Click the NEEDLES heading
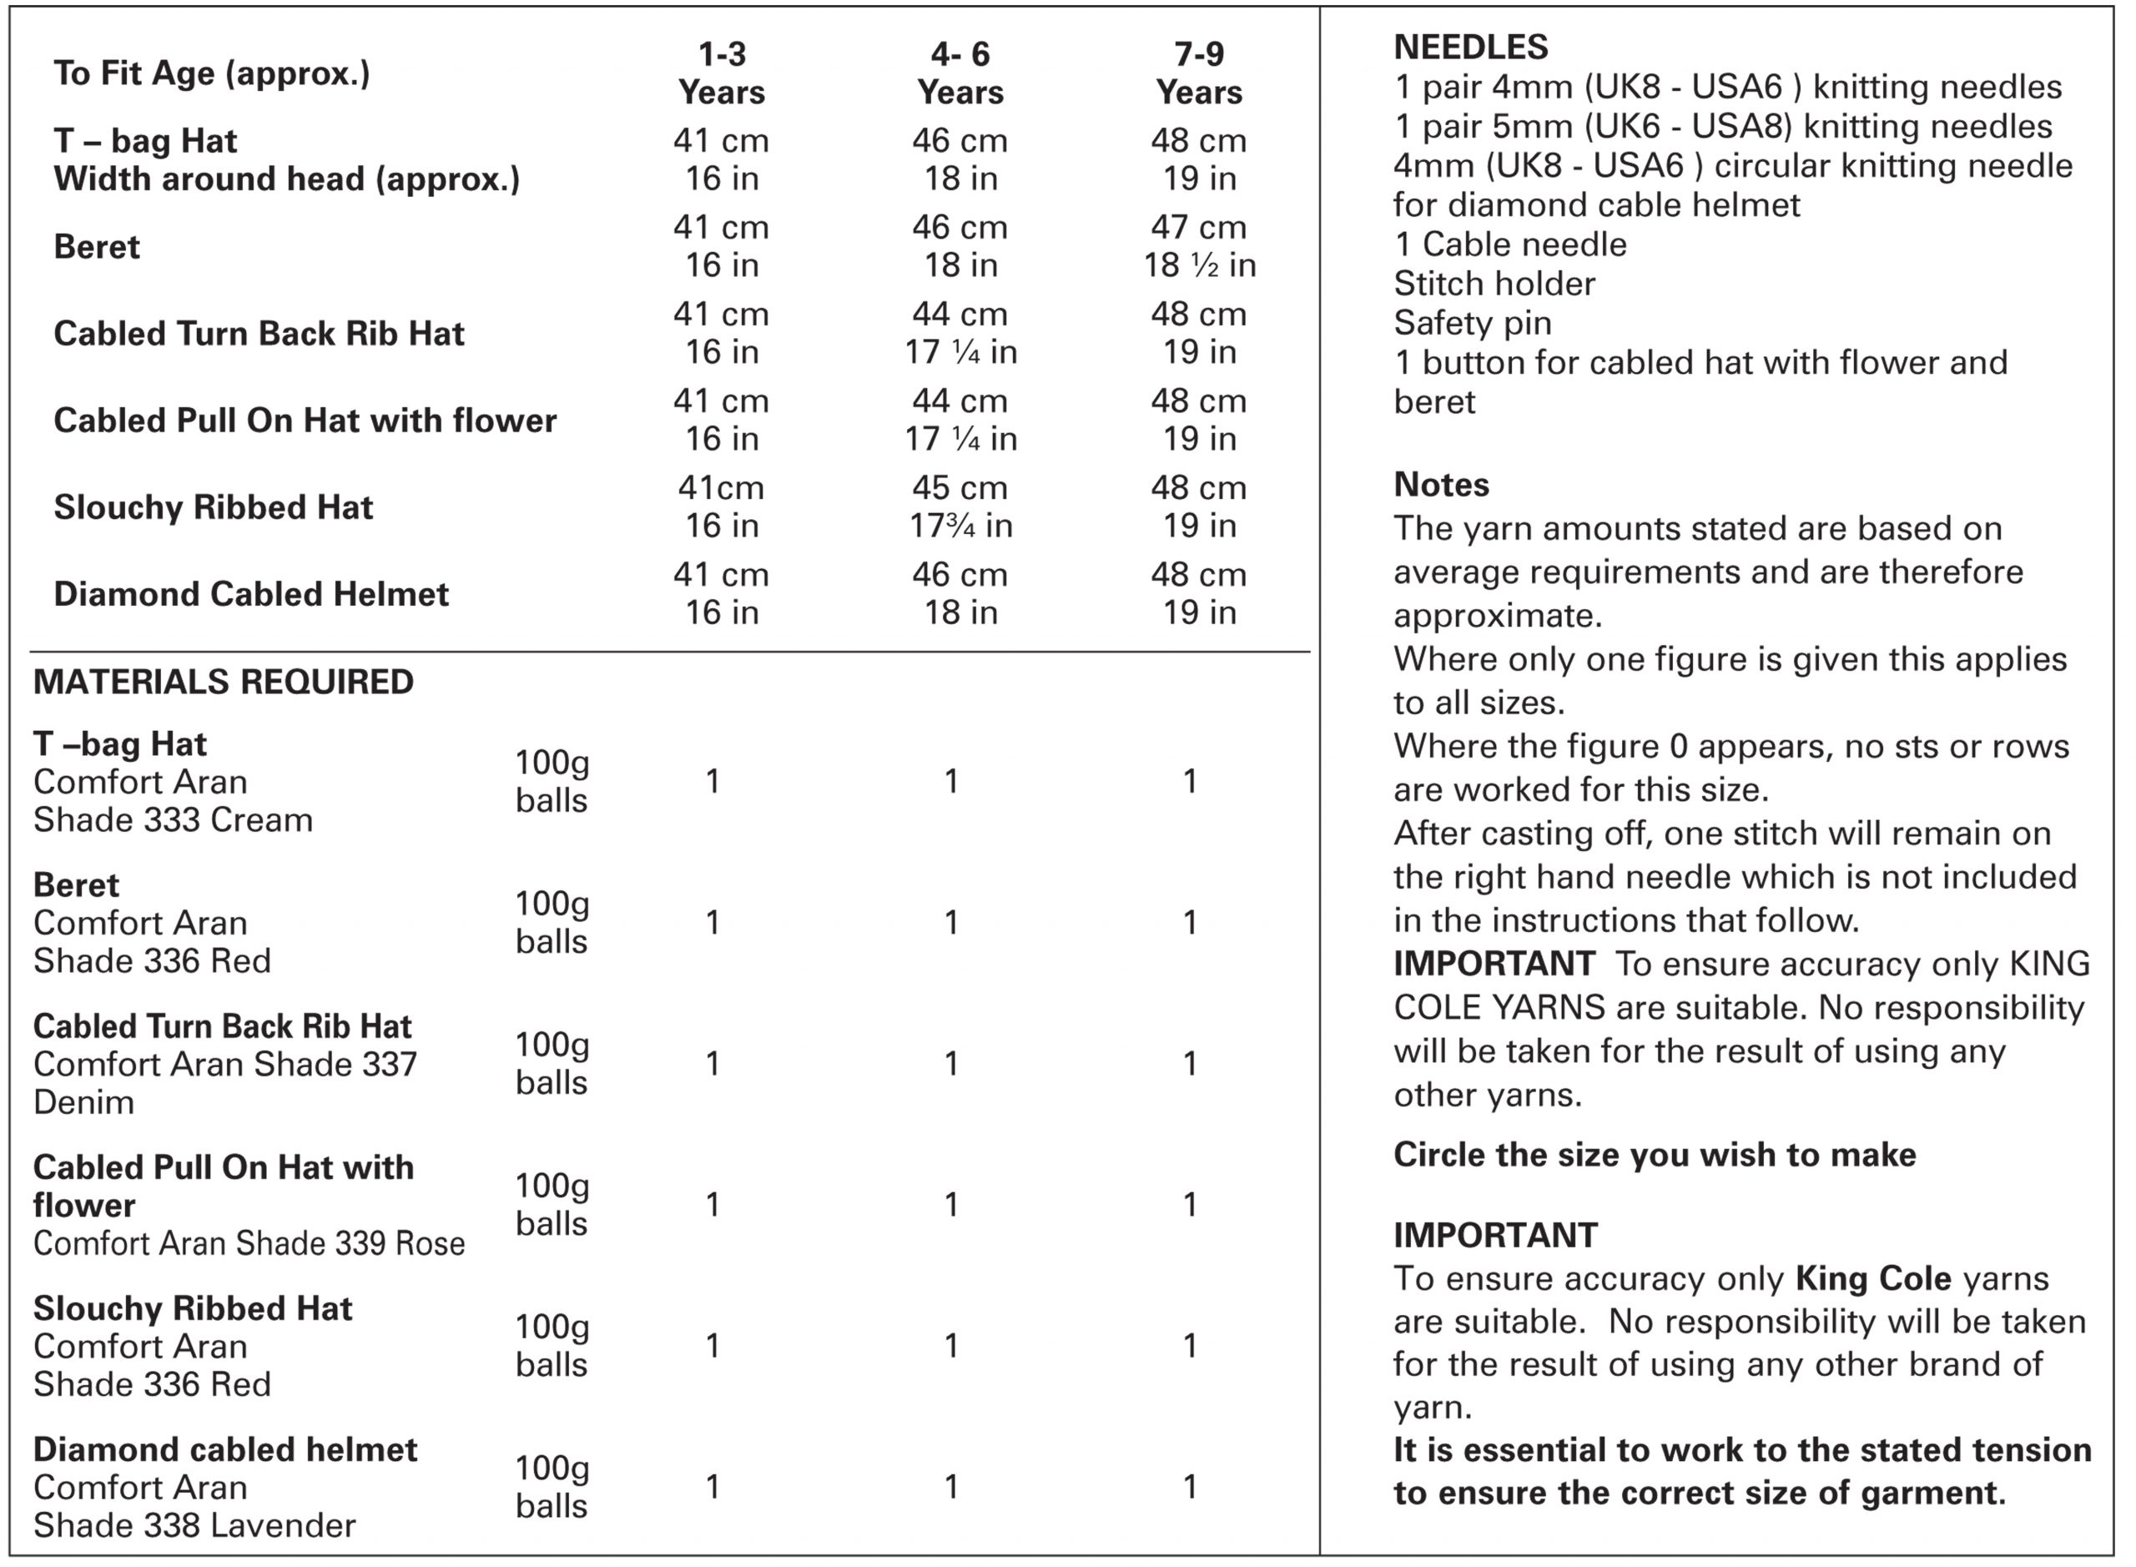1470,47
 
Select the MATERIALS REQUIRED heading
223,682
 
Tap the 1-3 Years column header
722,73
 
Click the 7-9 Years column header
1199,73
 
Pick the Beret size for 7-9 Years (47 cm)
1199,245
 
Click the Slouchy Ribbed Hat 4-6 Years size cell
960,506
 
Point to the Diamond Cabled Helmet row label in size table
250,594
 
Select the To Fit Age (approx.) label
211,73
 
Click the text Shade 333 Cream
173,819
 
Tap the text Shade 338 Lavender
194,1525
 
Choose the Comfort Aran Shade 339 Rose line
249,1243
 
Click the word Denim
83,1102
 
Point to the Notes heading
1441,485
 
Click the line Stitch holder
1494,284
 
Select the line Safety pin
1472,324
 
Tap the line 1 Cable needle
1510,244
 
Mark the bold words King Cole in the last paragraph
1872,1278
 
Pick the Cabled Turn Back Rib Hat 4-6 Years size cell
960,333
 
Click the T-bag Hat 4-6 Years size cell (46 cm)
960,159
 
